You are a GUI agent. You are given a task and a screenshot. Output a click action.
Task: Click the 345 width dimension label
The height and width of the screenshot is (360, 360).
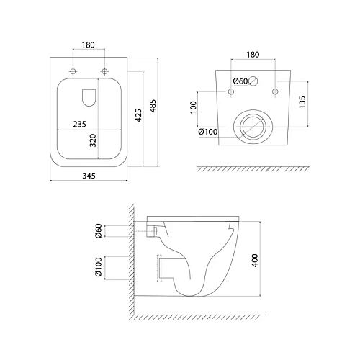pos(89,176)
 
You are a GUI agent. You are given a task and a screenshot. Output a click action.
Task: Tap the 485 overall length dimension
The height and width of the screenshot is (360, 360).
pos(153,106)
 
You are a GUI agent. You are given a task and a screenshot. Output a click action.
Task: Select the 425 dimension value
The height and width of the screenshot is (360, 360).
pos(138,115)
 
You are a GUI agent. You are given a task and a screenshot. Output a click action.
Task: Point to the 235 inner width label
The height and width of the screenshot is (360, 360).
pos(79,124)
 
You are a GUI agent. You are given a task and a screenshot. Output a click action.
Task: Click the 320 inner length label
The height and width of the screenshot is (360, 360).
pos(93,140)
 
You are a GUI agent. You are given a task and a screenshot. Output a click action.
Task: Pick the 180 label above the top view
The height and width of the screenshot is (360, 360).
pos(88,45)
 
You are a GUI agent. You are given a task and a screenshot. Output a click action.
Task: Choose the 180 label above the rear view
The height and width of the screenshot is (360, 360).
pos(253,55)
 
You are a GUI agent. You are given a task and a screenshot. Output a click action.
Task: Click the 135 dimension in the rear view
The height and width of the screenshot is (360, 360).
pos(302,102)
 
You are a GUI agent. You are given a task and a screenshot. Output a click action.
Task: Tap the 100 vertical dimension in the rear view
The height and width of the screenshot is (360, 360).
pos(193,107)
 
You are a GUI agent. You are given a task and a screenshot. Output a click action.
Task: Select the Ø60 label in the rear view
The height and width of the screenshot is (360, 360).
pos(240,81)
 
